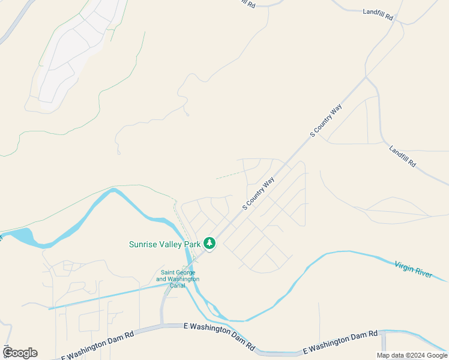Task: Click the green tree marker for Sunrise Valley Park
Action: (209, 243)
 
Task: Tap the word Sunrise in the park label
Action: (145, 244)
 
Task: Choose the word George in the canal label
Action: (185, 272)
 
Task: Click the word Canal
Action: (178, 285)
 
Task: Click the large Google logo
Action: (20, 353)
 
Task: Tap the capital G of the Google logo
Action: (8, 353)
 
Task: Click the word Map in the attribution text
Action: (383, 355)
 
